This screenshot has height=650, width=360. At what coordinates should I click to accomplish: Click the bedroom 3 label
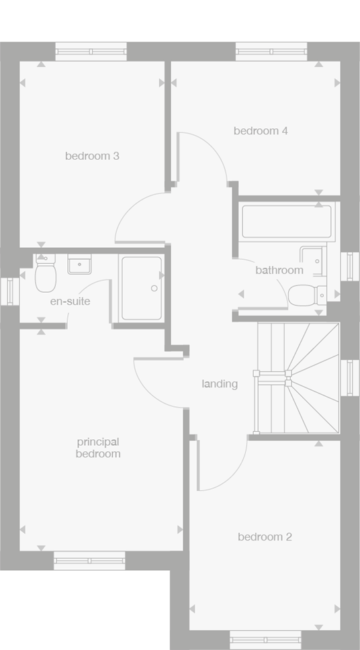click(x=92, y=156)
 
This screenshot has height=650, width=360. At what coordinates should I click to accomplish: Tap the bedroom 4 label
click(x=261, y=131)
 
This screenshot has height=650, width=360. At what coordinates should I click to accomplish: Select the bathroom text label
click(x=279, y=271)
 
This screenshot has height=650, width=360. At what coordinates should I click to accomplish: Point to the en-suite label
click(x=70, y=301)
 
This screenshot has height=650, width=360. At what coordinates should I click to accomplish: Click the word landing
click(x=220, y=385)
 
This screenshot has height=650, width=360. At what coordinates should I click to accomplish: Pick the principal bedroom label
click(x=98, y=448)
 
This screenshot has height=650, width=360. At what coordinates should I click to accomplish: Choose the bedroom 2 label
click(x=265, y=537)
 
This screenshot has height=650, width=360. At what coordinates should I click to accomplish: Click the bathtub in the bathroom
click(x=286, y=222)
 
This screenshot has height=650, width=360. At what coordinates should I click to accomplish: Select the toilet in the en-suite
click(x=46, y=277)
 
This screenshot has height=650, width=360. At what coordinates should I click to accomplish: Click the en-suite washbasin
click(x=79, y=265)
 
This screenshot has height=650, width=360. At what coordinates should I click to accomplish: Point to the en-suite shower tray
click(x=141, y=287)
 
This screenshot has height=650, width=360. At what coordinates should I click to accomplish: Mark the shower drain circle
click(x=154, y=288)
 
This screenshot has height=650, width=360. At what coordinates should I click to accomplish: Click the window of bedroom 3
click(x=91, y=52)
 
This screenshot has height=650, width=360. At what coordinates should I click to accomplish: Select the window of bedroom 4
click(x=271, y=52)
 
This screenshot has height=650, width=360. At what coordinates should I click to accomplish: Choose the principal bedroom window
click(x=89, y=560)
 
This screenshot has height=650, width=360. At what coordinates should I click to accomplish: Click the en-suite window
click(x=9, y=291)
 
